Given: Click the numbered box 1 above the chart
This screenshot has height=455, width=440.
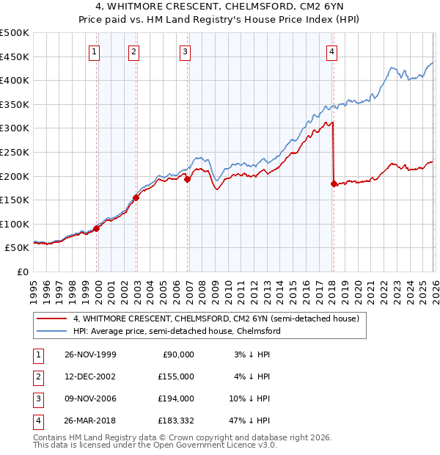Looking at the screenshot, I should click(95, 51).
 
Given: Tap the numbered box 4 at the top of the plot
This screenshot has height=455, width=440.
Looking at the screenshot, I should click(332, 51).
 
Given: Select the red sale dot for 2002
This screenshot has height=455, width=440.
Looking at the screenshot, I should click(136, 197).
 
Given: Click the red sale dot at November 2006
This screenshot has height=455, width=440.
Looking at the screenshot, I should click(187, 178).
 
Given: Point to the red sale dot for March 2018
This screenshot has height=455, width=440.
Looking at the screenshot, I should click(334, 183).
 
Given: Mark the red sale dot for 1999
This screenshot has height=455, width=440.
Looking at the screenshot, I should click(97, 228).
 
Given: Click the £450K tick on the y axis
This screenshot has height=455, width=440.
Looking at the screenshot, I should click(14, 57).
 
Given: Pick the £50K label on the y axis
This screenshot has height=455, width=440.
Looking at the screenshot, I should click(17, 248).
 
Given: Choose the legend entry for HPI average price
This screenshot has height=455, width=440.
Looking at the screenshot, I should click(176, 331).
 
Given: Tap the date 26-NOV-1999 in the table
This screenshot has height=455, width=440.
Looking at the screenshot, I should click(90, 354).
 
